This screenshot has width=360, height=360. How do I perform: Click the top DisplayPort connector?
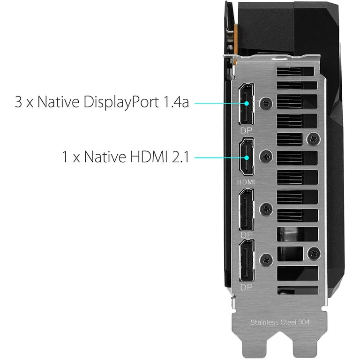[247, 104]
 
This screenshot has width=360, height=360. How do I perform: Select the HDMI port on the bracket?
[247, 157]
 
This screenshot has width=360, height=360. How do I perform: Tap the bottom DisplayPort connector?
[247, 260]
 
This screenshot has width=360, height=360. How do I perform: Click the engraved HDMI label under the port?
[246, 182]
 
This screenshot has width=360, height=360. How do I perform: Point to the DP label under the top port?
[246, 131]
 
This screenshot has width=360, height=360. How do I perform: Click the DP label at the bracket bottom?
[246, 287]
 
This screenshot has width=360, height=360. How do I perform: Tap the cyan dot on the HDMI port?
[247, 157]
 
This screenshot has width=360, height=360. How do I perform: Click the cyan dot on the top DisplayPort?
[247, 103]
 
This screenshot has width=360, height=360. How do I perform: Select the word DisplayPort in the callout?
[121, 102]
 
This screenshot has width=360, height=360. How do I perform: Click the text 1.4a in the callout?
[176, 102]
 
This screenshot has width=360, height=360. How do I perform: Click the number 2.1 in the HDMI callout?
[180, 157]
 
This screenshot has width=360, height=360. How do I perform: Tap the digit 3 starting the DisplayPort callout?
[18, 102]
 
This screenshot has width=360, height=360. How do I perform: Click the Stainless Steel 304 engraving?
[280, 322]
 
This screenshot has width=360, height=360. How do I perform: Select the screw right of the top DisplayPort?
[266, 104]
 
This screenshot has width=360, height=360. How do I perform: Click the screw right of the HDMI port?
[266, 157]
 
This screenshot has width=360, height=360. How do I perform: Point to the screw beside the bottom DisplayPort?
[266, 260]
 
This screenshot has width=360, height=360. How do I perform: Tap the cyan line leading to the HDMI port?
[220, 157]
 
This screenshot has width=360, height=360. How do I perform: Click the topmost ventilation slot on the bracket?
[295, 71]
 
